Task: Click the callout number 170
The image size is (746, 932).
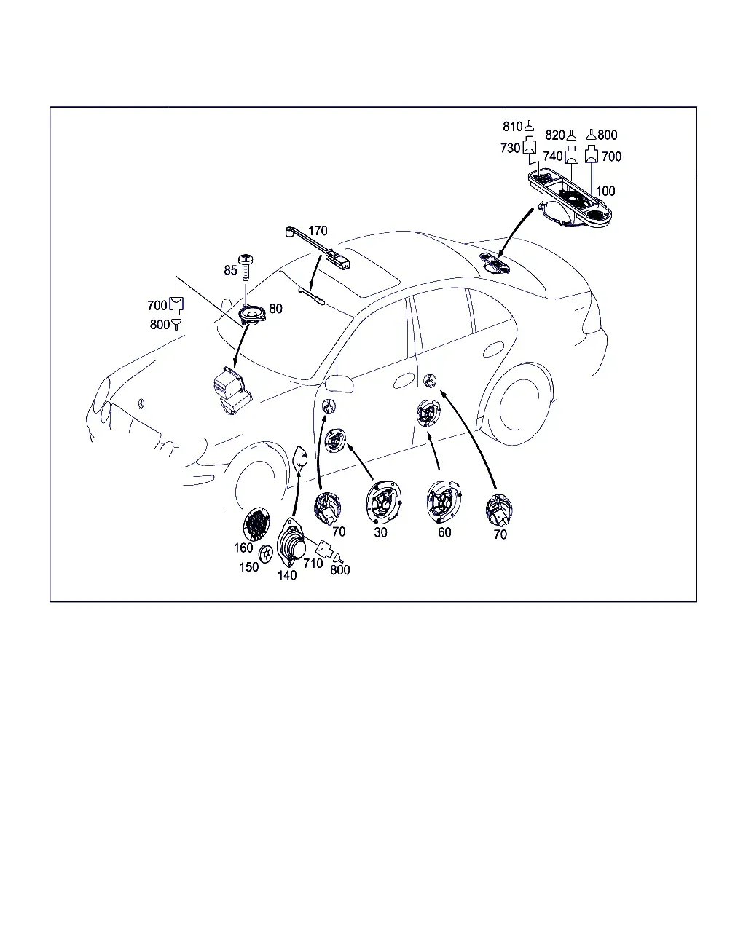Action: click(x=318, y=231)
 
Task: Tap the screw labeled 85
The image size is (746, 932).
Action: click(x=246, y=267)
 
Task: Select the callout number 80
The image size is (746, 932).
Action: click(x=275, y=308)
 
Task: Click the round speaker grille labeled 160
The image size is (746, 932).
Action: click(x=256, y=524)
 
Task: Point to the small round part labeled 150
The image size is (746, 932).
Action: click(x=265, y=554)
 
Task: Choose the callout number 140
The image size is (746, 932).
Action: click(x=287, y=575)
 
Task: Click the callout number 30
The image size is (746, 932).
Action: click(x=380, y=532)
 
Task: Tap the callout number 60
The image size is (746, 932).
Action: click(x=444, y=532)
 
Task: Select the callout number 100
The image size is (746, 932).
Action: click(x=605, y=191)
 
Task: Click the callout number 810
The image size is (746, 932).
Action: click(x=512, y=127)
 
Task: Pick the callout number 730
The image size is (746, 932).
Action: click(x=510, y=148)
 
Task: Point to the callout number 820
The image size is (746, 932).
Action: click(x=555, y=135)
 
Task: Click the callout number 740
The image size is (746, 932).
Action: click(x=553, y=156)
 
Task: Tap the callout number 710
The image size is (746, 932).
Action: click(x=313, y=564)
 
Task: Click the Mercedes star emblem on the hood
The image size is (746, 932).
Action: click(x=141, y=403)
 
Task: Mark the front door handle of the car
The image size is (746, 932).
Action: click(x=404, y=380)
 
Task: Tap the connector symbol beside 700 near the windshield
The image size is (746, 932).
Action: click(x=176, y=305)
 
